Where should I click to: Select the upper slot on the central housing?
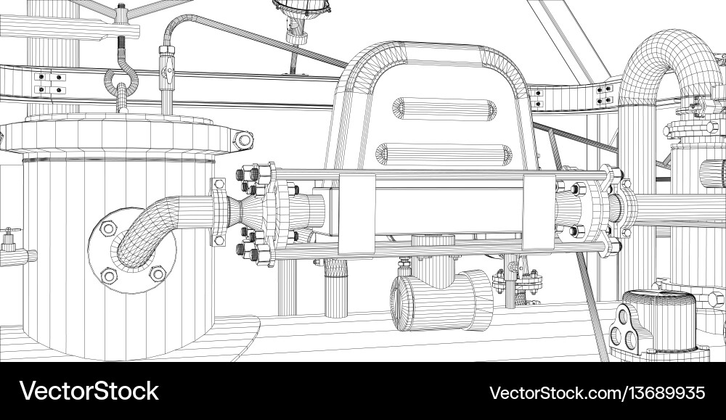(x=444, y=109)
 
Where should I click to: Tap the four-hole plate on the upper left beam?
(x=50, y=83)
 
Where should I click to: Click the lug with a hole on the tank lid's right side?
(x=242, y=139)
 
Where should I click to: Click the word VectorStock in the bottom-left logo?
(x=89, y=392)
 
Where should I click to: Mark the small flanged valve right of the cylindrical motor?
(x=517, y=279)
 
